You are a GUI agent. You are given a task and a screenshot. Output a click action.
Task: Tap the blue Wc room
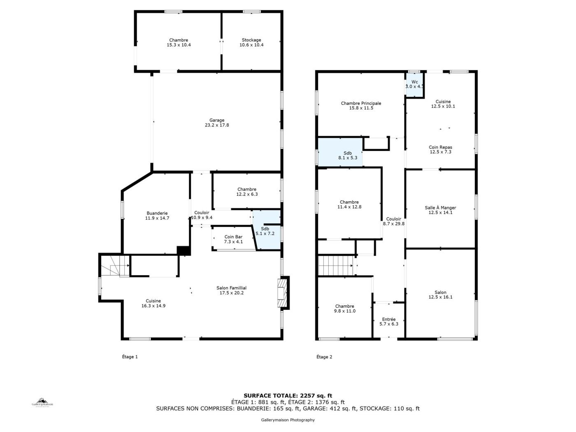(415, 84)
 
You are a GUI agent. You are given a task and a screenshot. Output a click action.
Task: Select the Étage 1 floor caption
(130, 357)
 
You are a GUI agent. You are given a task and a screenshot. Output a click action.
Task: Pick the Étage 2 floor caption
(324, 357)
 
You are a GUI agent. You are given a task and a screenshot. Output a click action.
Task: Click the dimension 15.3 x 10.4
(179, 45)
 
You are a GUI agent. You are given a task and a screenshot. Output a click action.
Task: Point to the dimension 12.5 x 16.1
(440, 297)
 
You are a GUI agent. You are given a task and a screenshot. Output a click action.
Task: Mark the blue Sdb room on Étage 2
(340, 152)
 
